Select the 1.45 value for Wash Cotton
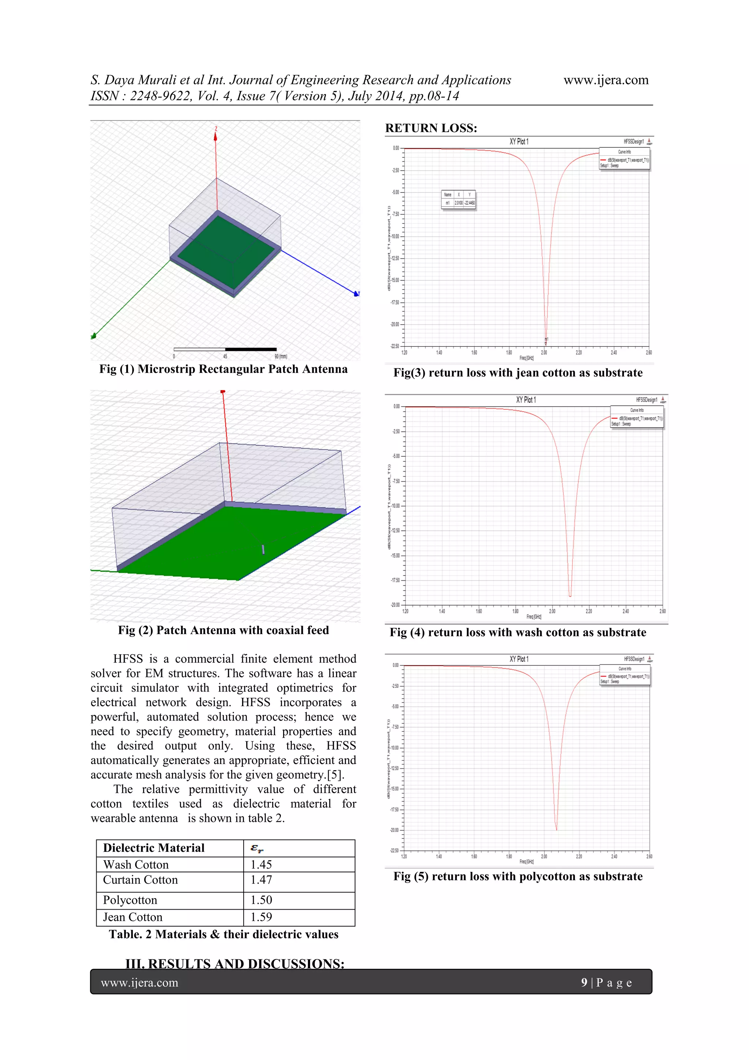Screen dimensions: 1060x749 261,864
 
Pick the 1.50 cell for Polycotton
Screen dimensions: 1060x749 261,900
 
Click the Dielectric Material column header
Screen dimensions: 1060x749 154,848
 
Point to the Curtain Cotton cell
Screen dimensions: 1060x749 140,880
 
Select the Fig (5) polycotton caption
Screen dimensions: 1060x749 518,876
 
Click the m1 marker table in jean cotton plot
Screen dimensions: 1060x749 458,199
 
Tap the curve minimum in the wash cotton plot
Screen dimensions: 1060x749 570,596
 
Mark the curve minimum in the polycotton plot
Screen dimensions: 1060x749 556,829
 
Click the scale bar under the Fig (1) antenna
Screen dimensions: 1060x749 225,349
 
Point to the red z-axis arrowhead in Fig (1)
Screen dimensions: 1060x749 215,136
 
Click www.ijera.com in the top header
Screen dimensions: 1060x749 606,80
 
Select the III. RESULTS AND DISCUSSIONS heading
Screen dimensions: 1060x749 235,963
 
